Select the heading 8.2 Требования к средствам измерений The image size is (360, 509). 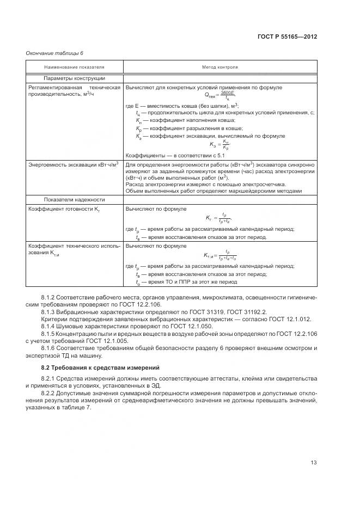93,369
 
